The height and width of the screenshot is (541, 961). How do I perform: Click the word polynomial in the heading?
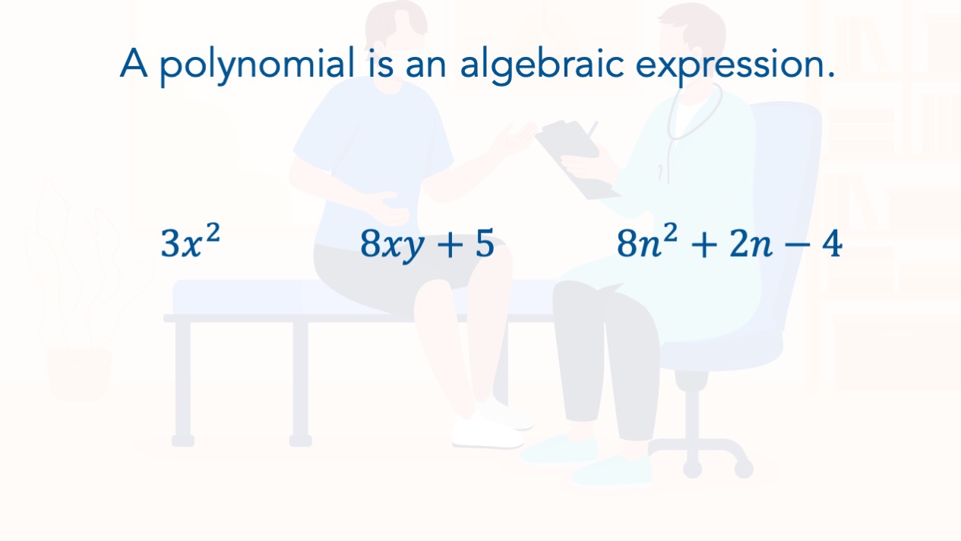point(258,65)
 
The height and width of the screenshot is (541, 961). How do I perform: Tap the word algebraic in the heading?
point(542,65)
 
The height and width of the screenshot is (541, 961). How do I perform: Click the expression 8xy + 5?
point(427,245)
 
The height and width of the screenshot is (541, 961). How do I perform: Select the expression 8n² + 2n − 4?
point(729,242)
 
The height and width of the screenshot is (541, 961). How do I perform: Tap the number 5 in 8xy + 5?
point(485,243)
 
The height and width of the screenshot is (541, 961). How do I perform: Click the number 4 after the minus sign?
point(832,243)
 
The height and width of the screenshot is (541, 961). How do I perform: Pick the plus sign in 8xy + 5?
point(449,245)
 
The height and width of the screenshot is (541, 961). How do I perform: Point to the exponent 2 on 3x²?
point(213,233)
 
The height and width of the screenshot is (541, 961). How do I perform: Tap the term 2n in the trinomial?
point(751,244)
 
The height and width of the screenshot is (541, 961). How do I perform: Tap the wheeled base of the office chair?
point(700,455)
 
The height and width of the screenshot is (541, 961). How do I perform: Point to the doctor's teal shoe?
point(612,470)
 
